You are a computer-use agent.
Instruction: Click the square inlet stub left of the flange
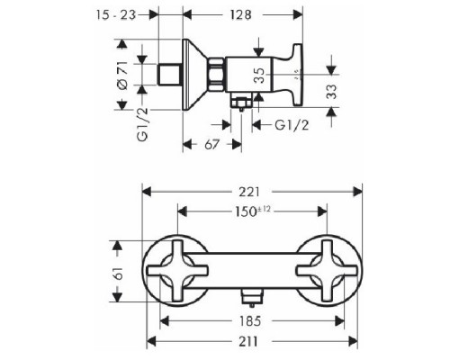pyautogui.click(x=169, y=69)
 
